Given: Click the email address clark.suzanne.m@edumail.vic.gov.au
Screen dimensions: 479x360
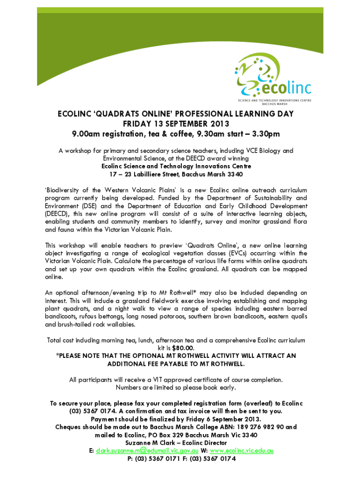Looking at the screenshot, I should click(147, 450).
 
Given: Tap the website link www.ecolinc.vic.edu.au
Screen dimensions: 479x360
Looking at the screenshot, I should click(240, 450).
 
